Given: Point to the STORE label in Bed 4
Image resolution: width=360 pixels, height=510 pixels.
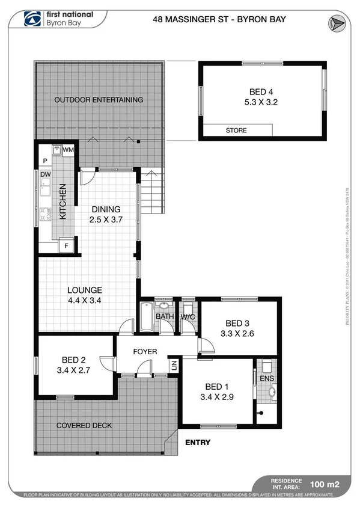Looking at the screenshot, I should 236,130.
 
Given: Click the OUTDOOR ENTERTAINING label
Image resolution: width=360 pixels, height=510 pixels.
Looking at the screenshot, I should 99,99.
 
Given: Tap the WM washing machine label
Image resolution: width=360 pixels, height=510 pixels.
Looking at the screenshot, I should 68,149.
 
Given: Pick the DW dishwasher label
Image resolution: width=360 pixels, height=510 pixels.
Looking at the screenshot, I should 45,174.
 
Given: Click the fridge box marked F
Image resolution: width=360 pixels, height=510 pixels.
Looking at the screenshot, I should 66,245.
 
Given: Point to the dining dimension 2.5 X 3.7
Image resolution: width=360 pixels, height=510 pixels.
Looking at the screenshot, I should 106,220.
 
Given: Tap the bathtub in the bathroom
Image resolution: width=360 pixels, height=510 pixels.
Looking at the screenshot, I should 147,317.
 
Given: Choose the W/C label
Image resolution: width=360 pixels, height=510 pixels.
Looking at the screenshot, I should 188,316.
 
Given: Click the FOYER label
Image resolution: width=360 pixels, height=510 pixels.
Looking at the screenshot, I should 145,351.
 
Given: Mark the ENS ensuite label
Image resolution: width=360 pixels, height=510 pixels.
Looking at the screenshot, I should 266,378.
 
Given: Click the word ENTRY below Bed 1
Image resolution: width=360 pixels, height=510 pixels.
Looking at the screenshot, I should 198,443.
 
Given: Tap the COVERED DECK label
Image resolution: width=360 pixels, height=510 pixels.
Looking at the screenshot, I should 84,425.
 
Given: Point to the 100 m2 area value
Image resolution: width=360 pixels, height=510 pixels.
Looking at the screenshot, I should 323,483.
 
